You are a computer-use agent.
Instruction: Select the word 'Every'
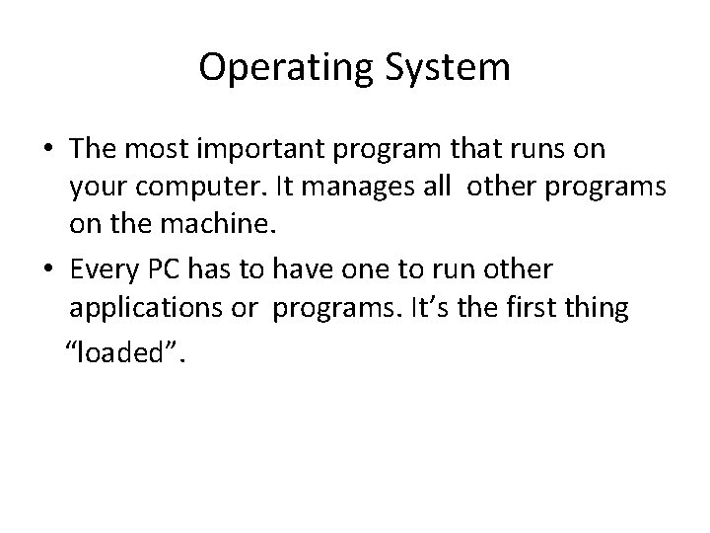coord(100,269)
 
